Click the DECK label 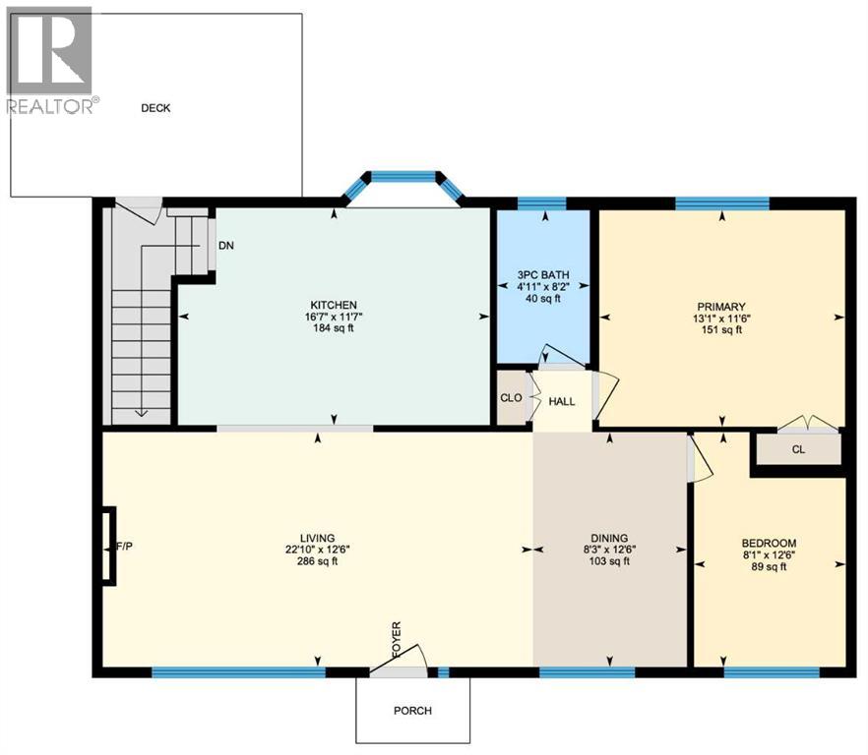[x=155, y=108]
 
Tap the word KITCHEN [x=334, y=305]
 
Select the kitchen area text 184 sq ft [x=334, y=328]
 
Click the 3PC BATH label [x=543, y=274]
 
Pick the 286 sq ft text [x=318, y=561]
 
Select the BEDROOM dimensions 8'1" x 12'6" [x=769, y=554]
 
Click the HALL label [x=562, y=401]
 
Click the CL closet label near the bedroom [x=798, y=451]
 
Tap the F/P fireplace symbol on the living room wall [x=108, y=546]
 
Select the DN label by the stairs [x=225, y=246]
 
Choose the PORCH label [x=412, y=711]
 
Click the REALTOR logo [x=50, y=60]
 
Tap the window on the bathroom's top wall [x=541, y=203]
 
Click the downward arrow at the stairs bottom [x=141, y=411]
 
